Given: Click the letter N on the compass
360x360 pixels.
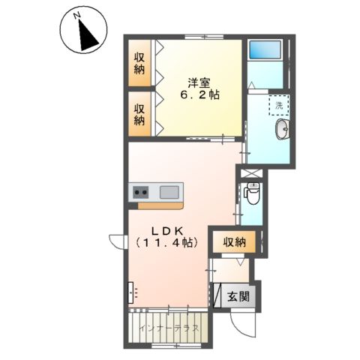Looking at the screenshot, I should coord(78,14).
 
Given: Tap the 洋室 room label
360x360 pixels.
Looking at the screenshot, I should coord(198,81).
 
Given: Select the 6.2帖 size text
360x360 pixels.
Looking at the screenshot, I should coord(199,95).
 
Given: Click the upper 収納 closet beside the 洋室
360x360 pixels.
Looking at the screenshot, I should coord(139,64).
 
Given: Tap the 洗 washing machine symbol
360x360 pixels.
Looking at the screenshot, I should coord(279,106).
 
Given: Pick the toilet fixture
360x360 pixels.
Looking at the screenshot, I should coord(253,196).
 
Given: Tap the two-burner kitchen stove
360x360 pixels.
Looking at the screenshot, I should coord(141,192).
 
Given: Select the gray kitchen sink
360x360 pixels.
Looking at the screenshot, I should coord(169,191).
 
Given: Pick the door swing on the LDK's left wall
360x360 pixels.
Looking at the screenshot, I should coord(118,241).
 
